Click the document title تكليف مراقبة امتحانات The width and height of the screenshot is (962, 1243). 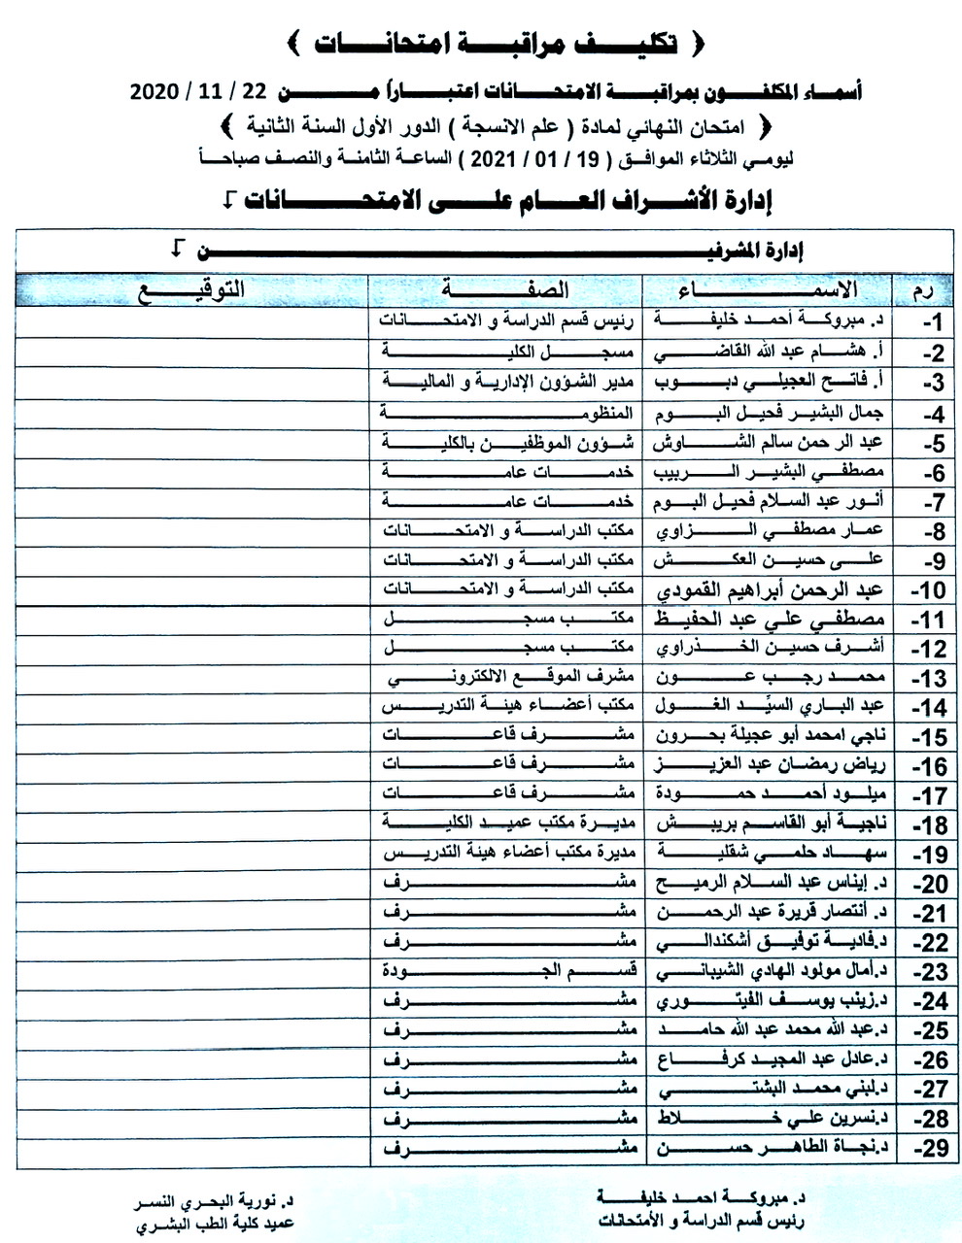pos(496,44)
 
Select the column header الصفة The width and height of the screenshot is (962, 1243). pos(505,289)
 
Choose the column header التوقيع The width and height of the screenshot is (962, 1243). pos(191,289)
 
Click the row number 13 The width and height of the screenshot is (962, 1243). pos(933,681)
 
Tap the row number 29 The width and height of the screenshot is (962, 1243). pos(933,1149)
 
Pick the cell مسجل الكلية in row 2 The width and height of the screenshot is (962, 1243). pos(505,353)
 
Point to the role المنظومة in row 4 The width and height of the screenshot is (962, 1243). pos(505,415)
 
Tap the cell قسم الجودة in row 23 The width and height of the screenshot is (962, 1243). pos(505,971)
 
